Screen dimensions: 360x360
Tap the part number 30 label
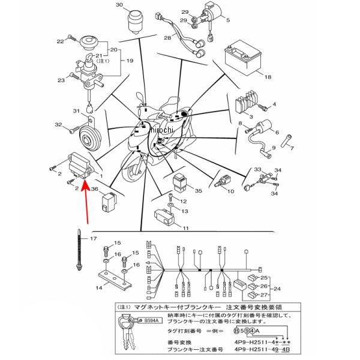pos(119,5)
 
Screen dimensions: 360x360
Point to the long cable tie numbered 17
pos(79,251)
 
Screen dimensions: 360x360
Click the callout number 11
pos(186,229)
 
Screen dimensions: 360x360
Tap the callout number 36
pos(95,189)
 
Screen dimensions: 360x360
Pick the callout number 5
pos(228,20)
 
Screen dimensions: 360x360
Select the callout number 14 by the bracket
pos(100,289)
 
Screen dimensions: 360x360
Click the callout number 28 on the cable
pos(169,38)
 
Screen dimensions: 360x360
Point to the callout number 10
pos(231,191)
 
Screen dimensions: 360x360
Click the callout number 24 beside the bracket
pos(277,289)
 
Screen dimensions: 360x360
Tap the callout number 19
pos(130,61)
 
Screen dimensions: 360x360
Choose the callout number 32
pos(58,125)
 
